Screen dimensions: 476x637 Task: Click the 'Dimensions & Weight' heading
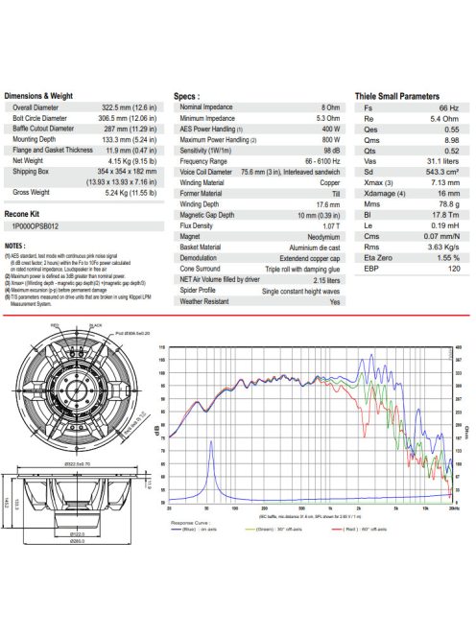pos(38,97)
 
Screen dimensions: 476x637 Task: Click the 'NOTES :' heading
pos(17,246)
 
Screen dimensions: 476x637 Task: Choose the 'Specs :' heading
pos(186,97)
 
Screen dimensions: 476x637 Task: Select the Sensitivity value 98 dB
pos(330,151)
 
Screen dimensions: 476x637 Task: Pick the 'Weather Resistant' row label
pos(206,301)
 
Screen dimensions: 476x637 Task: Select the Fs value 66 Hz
pos(451,109)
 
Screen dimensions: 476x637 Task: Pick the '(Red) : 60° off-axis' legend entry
pos(369,529)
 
